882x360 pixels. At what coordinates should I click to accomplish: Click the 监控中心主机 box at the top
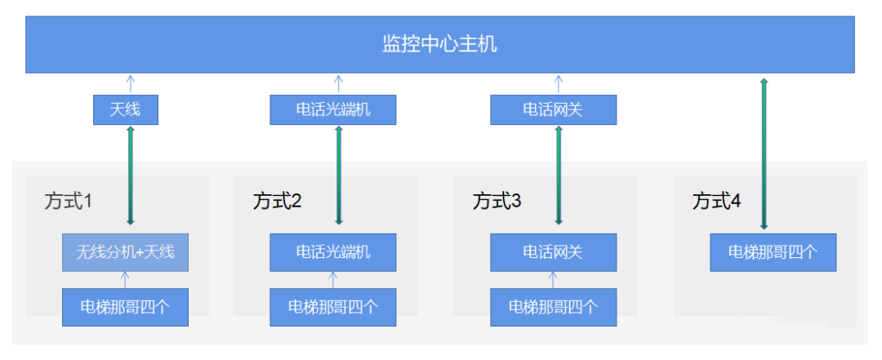point(439,44)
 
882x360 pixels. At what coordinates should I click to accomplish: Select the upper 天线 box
point(125,109)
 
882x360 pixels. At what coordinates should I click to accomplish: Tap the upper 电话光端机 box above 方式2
point(333,109)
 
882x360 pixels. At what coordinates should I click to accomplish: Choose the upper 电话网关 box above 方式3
point(553,109)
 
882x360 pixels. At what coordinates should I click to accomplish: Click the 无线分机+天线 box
point(125,252)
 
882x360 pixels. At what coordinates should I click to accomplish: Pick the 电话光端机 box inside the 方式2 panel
point(333,252)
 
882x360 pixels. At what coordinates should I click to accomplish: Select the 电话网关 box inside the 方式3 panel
point(553,252)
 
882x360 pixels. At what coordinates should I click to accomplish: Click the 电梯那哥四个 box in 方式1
point(125,307)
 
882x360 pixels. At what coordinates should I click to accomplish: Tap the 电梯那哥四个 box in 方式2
point(333,307)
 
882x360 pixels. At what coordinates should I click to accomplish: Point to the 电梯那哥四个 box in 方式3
point(553,307)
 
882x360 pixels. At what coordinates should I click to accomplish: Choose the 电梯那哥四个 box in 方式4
point(773,252)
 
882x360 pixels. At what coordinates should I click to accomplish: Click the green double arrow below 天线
point(130,175)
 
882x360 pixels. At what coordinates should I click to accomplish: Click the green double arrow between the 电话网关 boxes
point(559,175)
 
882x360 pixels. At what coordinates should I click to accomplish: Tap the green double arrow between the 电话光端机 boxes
point(339,175)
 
